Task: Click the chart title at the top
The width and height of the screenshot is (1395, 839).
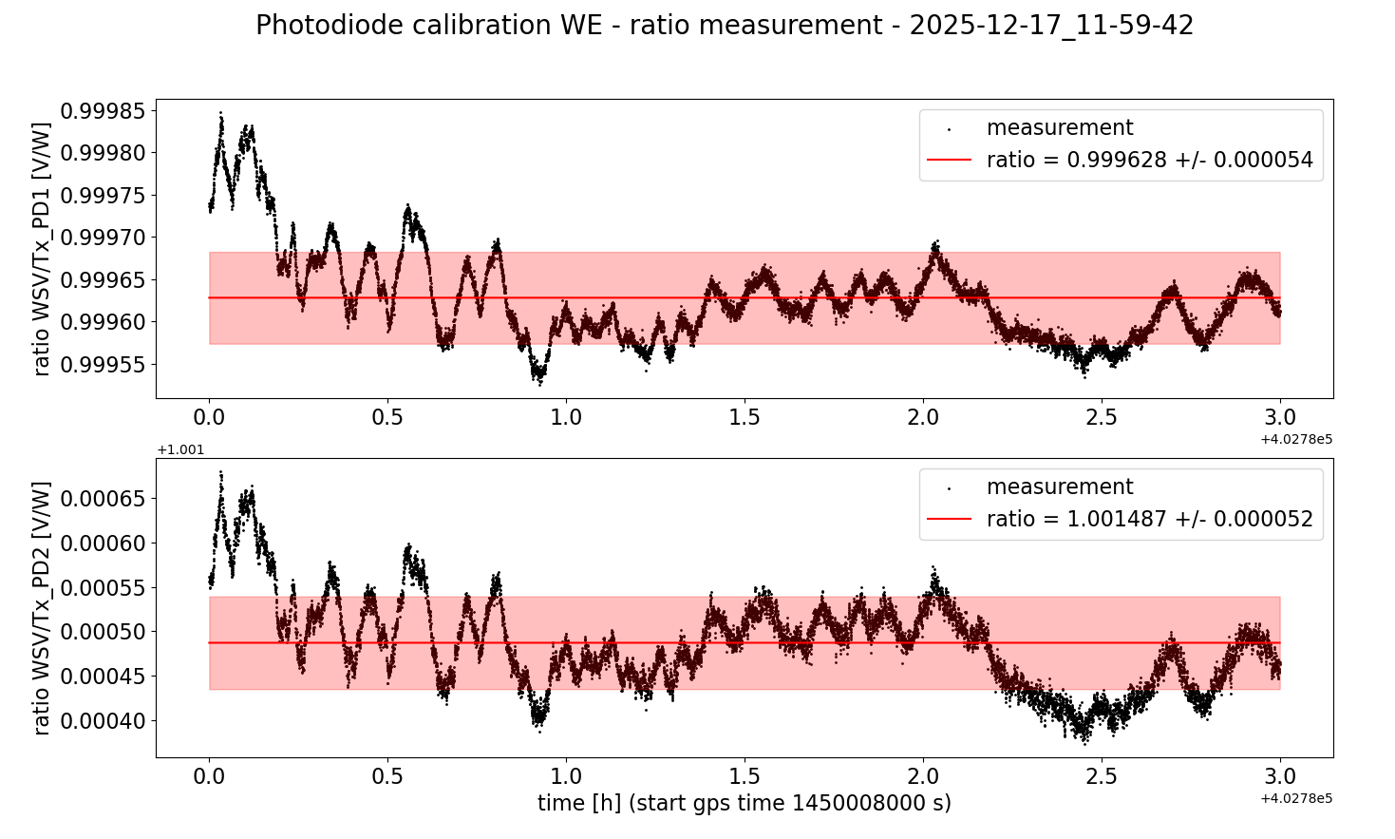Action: pyautogui.click(x=725, y=26)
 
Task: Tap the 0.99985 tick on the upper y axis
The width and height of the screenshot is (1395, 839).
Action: pyautogui.click(x=104, y=111)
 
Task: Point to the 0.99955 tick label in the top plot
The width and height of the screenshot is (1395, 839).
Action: pyautogui.click(x=104, y=365)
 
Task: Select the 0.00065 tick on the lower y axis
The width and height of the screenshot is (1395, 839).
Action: pyautogui.click(x=104, y=499)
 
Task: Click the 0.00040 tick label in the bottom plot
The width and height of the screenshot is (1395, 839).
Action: pyautogui.click(x=104, y=721)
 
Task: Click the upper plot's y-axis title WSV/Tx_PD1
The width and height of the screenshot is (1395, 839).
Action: pyautogui.click(x=42, y=249)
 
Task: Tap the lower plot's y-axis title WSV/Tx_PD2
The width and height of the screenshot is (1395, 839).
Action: pyautogui.click(x=42, y=608)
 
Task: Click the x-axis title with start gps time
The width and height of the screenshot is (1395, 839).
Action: pyautogui.click(x=744, y=804)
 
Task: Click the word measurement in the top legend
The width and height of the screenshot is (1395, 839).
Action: pyautogui.click(x=1060, y=128)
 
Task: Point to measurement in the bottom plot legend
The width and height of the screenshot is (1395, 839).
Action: pyautogui.click(x=1060, y=487)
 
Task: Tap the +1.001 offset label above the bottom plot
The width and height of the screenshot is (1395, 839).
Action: pyautogui.click(x=180, y=450)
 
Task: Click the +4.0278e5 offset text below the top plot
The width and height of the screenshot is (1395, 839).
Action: pyautogui.click(x=1296, y=439)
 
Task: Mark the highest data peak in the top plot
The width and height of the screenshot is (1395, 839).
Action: pyautogui.click(x=221, y=113)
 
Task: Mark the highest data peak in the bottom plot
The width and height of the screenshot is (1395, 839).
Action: pyautogui.click(x=221, y=472)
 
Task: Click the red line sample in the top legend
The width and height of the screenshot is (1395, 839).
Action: pyautogui.click(x=949, y=161)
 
